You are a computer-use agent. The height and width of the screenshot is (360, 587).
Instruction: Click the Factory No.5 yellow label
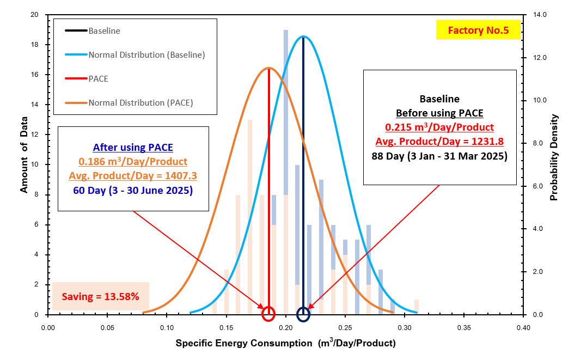[478, 30]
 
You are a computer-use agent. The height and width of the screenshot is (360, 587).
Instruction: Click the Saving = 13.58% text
[100, 297]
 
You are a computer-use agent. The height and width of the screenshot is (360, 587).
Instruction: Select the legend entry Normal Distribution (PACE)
[140, 102]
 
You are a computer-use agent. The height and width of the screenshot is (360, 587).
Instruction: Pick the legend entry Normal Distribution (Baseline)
[146, 54]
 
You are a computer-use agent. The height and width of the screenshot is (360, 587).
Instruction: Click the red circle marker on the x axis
[268, 314]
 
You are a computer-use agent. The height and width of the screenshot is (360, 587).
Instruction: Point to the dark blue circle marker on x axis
[303, 314]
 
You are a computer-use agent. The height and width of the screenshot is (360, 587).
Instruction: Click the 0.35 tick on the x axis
[463, 328]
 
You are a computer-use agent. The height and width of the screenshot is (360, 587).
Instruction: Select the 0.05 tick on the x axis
[107, 328]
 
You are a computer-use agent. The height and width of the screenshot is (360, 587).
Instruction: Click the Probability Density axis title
[554, 157]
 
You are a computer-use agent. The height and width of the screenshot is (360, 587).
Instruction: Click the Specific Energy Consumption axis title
[285, 344]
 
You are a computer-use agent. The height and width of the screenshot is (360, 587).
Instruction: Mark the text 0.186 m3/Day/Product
[133, 162]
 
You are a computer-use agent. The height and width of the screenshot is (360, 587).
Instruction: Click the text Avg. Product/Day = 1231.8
[439, 142]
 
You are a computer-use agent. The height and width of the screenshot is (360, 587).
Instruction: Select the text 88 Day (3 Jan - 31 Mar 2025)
[439, 156]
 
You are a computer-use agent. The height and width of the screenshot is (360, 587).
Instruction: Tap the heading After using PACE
[133, 147]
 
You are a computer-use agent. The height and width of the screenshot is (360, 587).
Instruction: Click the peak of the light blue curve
[303, 36]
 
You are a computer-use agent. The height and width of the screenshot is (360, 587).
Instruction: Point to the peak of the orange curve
[268, 68]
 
